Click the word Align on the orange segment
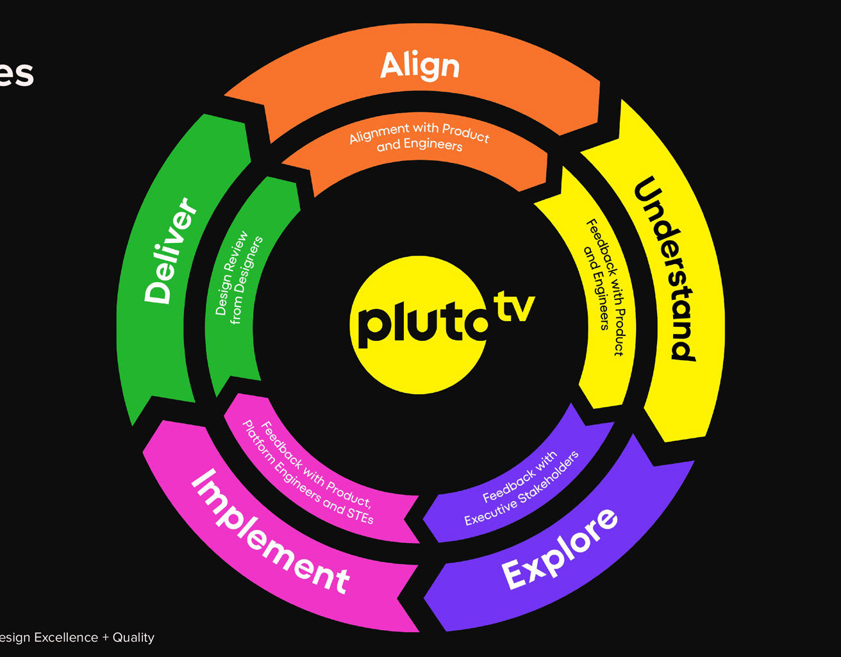tap(420, 65)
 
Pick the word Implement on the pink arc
tap(270, 531)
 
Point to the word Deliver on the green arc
tap(170, 251)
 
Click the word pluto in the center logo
tap(420, 324)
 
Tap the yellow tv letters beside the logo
tap(513, 308)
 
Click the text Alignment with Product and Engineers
tap(419, 138)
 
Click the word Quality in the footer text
tap(133, 637)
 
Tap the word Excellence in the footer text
tap(66, 637)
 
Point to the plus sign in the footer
tap(105, 638)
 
